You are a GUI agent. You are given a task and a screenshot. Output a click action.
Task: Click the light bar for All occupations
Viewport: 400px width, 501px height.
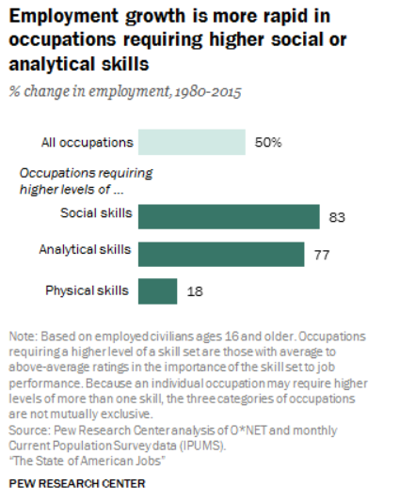pyautogui.click(x=191, y=142)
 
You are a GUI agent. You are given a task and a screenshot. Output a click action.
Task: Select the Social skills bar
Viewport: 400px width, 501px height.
pyautogui.click(x=229, y=216)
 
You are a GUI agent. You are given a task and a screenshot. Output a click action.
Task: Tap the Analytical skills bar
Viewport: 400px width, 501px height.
pyautogui.click(x=221, y=254)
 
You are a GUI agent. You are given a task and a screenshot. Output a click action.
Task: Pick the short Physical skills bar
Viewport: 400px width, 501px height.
pyautogui.click(x=157, y=291)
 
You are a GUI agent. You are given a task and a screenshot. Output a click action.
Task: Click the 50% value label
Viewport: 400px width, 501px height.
pyautogui.click(x=268, y=143)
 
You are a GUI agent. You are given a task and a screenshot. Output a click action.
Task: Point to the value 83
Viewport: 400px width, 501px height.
pyautogui.click(x=338, y=217)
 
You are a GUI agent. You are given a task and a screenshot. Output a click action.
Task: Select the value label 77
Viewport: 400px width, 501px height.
pyautogui.click(x=322, y=255)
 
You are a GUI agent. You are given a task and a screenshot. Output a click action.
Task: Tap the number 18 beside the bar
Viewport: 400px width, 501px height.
pyautogui.click(x=195, y=292)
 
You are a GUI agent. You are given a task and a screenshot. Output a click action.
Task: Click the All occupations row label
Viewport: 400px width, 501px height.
pyautogui.click(x=87, y=143)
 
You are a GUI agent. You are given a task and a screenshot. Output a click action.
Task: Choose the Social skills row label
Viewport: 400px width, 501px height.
pyautogui.click(x=95, y=213)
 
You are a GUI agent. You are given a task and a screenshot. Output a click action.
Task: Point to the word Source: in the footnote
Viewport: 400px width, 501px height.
pyautogui.click(x=31, y=429)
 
